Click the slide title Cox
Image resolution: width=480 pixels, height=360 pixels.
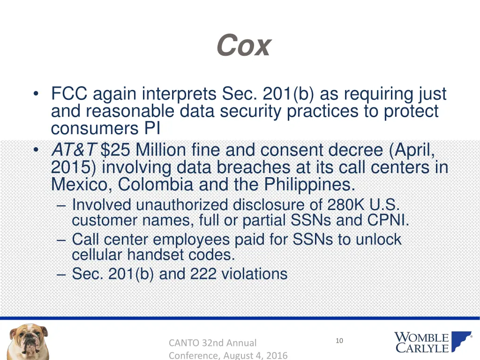click(244, 46)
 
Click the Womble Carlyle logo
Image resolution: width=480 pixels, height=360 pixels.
click(433, 342)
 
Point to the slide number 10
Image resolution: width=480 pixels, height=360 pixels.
click(339, 341)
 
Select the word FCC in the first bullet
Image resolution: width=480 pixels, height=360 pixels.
click(69, 94)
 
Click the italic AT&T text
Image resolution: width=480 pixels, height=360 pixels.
click(74, 150)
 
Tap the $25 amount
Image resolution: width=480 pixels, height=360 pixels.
click(116, 150)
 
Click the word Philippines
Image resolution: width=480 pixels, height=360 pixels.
click(309, 185)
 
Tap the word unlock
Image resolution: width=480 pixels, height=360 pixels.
click(378, 240)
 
